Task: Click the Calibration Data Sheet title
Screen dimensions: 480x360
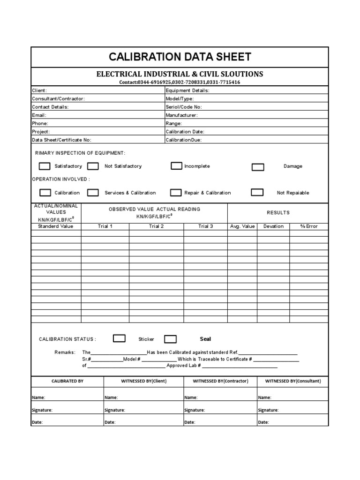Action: (x=180, y=57)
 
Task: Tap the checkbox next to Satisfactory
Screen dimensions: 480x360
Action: (x=45, y=166)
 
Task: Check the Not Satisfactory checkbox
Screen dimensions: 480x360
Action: (x=93, y=166)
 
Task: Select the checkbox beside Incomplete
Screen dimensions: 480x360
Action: (x=176, y=166)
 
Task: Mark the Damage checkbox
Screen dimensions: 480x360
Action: (x=258, y=167)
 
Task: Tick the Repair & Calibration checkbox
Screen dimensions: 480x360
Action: (x=176, y=192)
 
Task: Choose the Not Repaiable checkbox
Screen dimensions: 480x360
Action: (x=257, y=192)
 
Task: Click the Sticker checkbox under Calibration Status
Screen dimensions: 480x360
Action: (x=120, y=338)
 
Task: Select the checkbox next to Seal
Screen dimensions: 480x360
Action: (x=170, y=339)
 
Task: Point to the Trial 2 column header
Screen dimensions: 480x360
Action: (x=156, y=226)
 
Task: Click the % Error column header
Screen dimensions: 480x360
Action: (x=309, y=226)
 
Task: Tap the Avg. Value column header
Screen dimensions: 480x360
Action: (x=242, y=226)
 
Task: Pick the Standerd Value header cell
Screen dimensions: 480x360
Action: (x=55, y=226)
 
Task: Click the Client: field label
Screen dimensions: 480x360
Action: (x=39, y=90)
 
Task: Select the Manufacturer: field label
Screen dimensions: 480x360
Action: (x=181, y=115)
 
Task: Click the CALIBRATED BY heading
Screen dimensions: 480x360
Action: (x=67, y=381)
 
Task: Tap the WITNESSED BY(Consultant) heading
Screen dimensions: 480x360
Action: (x=293, y=381)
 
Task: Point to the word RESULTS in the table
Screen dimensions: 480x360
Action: (x=278, y=213)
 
